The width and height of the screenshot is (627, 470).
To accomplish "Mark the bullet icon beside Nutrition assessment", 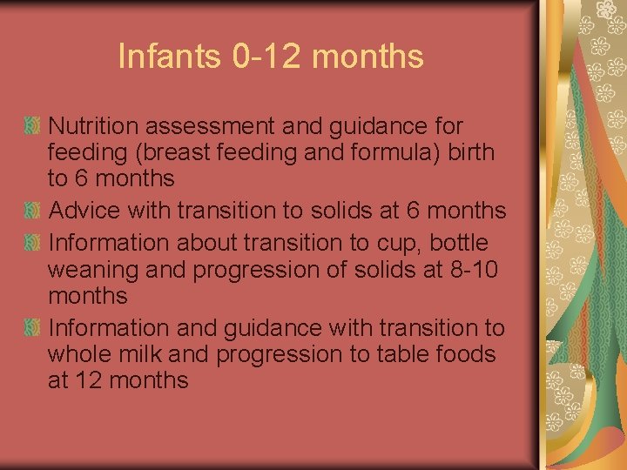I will point(33,127).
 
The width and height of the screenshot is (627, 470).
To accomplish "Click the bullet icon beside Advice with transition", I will point(33,211).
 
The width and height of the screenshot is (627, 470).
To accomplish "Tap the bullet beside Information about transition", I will point(33,243).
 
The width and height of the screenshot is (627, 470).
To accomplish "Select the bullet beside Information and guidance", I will point(33,328).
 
